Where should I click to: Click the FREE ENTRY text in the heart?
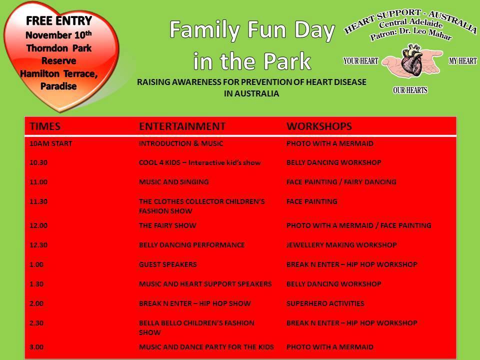click(x=59, y=21)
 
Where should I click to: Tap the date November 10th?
click(x=58, y=35)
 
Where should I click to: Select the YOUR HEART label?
click(x=360, y=61)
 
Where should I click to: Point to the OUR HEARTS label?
click(x=410, y=90)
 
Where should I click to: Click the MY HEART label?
click(x=462, y=61)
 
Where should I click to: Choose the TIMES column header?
click(x=45, y=126)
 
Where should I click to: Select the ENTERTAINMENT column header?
click(x=182, y=126)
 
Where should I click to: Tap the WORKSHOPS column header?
click(x=319, y=126)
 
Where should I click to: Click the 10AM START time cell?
click(x=51, y=143)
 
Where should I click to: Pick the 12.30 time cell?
click(x=38, y=245)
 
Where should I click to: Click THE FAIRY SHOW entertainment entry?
click(x=167, y=225)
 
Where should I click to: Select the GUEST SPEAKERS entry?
click(x=168, y=264)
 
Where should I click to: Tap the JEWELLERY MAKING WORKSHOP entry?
click(x=341, y=245)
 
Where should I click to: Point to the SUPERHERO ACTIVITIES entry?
click(x=325, y=303)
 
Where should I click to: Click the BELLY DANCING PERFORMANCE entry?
click(x=191, y=245)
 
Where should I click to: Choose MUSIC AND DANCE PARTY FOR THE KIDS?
click(x=206, y=347)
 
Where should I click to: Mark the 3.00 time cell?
click(x=36, y=347)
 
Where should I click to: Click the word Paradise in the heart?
click(x=58, y=86)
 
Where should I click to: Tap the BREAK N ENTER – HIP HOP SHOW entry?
click(x=194, y=303)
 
